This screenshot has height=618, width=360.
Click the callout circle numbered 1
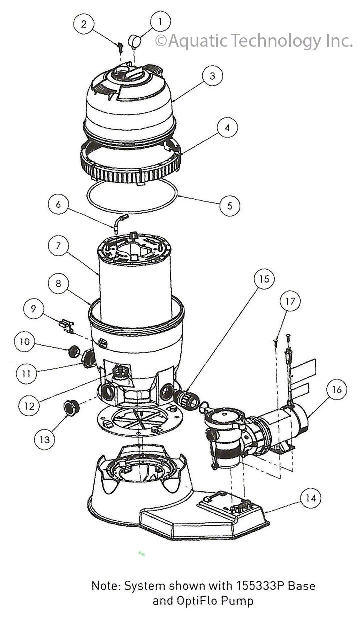click(160, 21)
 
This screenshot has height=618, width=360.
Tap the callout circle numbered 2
click(84, 23)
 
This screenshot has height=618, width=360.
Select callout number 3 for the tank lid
click(212, 76)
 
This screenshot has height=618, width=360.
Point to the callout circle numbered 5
click(229, 205)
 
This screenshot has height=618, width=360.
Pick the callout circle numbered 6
click(58, 204)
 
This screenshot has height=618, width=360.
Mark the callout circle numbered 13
click(45, 439)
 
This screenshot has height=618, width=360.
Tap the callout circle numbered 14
click(311, 498)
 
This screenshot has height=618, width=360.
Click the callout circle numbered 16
click(337, 389)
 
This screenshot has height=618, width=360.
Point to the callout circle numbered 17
click(290, 301)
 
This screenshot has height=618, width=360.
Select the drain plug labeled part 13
click(71, 408)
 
